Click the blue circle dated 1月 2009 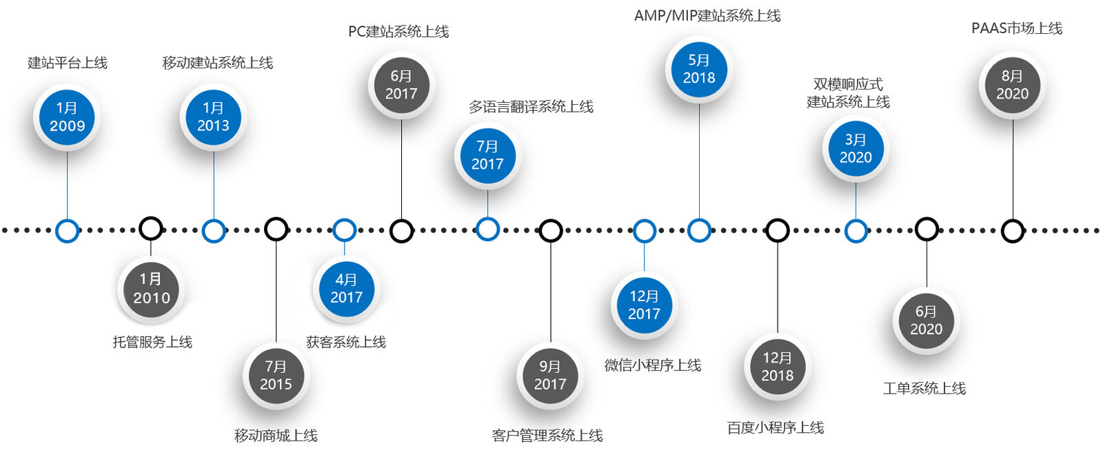67,117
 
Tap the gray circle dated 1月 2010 151,289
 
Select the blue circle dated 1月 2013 213,117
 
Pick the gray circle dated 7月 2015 276,376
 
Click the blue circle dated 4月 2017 346,289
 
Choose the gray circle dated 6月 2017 401,85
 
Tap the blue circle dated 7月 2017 487,155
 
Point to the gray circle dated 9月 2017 550,376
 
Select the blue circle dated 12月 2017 644,305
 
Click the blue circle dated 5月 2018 699,69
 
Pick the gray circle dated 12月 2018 777,367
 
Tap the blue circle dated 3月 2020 856,148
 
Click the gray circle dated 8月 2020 1012,85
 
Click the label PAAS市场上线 1017,28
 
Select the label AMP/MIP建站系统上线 707,16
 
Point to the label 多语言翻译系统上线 531,107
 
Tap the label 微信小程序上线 653,365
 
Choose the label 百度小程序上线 776,428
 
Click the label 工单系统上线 924,389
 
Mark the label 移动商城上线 276,436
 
